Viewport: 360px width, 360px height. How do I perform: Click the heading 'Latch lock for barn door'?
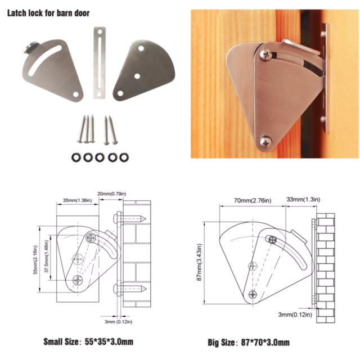48,13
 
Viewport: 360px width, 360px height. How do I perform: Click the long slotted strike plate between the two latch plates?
100,63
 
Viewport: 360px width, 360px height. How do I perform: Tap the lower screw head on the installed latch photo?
266,142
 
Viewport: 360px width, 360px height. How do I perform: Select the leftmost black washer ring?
76,157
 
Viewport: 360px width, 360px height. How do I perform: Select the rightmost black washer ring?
124,157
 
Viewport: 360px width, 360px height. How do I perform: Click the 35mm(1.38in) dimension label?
78,200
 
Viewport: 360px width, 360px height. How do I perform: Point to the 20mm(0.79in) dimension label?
112,194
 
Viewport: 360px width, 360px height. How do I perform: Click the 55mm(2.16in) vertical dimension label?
35,260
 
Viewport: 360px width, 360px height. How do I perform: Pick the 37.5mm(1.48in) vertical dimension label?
47,256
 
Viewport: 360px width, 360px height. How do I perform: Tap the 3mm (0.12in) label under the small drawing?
119,322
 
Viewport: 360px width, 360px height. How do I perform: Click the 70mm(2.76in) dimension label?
253,201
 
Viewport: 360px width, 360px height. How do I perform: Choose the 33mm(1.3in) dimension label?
303,199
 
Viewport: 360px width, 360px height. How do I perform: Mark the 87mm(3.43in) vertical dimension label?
199,262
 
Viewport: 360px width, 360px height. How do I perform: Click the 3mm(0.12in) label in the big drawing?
295,314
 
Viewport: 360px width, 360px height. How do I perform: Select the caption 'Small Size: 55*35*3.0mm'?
88,341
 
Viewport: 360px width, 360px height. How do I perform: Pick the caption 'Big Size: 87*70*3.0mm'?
249,343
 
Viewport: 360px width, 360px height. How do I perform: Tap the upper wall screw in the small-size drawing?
130,219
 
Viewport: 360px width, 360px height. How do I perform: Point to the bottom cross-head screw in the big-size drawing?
253,294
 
